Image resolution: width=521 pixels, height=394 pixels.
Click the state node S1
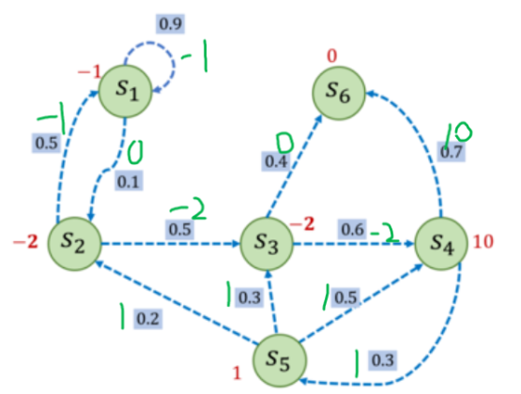coord(126,91)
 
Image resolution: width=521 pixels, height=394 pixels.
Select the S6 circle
coord(339,93)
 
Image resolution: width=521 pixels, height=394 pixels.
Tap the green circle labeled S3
coord(267,244)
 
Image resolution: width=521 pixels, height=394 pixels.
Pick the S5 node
coord(280,360)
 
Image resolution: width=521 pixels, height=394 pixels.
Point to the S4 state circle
coord(441,243)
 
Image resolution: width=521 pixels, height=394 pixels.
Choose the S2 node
coord(74,244)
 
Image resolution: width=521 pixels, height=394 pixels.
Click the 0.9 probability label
coord(171,23)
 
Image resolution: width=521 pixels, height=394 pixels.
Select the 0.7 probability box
coord(452,152)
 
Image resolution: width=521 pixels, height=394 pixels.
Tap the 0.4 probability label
coord(276,161)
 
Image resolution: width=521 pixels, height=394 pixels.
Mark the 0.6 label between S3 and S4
coord(352,229)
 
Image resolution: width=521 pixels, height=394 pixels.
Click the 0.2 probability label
coord(148,319)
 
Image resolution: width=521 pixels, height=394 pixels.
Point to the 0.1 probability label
coord(129,181)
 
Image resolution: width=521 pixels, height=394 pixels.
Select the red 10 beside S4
coord(483,241)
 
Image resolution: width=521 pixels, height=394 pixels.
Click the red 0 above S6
coord(332,55)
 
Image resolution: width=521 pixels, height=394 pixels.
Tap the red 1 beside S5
coord(237,373)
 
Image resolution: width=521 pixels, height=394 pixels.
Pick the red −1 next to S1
coord(89,71)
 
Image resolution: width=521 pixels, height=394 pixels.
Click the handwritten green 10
coord(458,134)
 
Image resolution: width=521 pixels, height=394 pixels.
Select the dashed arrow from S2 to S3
coord(170,244)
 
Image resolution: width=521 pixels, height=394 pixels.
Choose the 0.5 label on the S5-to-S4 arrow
coord(345,297)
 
